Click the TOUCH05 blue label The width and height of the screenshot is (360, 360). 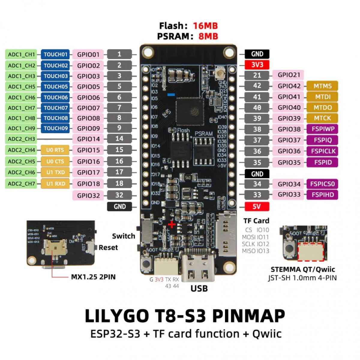55,87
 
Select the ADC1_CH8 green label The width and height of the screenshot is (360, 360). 21,118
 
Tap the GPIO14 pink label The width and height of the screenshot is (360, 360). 88,139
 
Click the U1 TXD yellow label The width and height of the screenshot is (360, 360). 55,172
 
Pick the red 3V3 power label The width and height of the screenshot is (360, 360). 257,65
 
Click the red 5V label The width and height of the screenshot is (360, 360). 257,206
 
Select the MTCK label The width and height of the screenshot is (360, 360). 322,118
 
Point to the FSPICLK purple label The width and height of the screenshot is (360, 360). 322,151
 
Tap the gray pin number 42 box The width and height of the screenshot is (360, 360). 257,86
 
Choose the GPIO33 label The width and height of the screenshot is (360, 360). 289,194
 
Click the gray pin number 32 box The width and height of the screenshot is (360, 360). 119,195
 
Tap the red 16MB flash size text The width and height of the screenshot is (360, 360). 205,26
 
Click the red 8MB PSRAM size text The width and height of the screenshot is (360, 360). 208,36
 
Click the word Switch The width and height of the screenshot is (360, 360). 123,236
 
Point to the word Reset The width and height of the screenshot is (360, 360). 108,247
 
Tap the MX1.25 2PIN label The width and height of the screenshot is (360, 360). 93,277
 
